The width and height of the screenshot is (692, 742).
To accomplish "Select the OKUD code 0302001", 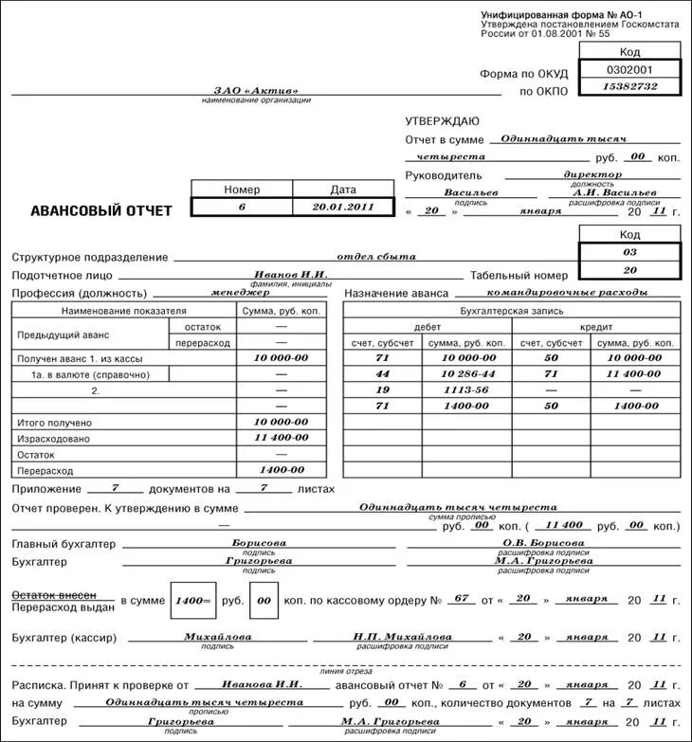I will pos(629,70).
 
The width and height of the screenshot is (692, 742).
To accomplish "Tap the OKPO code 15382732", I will pos(629,87).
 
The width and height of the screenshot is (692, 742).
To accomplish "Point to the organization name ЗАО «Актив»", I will pos(256,91).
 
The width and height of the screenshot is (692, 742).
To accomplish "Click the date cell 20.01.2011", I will pos(343,206).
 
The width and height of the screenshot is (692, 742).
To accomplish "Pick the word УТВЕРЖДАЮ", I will pos(443,121).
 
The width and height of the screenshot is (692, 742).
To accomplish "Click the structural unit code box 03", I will pos(629,253).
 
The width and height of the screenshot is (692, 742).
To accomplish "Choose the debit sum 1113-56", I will pos(468,389).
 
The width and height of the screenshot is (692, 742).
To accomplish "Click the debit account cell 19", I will pos(383,389).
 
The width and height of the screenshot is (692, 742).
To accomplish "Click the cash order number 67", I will pos(462,599).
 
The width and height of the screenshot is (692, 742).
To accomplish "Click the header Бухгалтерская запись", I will pos(512,310).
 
